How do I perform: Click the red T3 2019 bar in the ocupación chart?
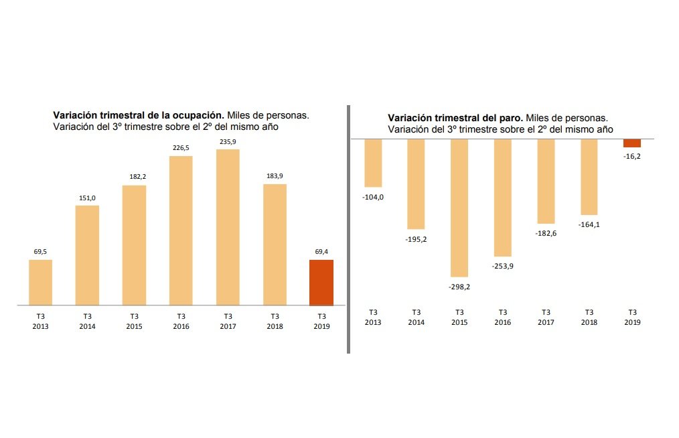(x=321, y=283)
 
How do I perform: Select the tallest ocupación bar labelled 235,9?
(x=228, y=228)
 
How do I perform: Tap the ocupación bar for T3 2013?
(x=40, y=283)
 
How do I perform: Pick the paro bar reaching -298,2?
(x=459, y=208)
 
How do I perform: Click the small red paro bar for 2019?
(x=632, y=143)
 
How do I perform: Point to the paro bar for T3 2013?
(x=373, y=163)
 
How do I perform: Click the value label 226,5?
(x=181, y=148)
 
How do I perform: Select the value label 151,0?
(x=87, y=198)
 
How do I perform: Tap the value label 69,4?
(x=321, y=251)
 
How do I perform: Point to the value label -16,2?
(x=632, y=157)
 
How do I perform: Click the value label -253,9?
(x=502, y=266)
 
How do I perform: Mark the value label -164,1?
(x=589, y=224)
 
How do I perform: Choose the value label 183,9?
(x=275, y=176)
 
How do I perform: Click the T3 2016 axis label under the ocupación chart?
(x=181, y=321)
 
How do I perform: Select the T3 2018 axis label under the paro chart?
(x=589, y=317)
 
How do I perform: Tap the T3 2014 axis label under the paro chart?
(x=416, y=317)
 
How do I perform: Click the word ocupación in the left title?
(x=198, y=116)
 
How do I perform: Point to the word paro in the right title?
(x=512, y=119)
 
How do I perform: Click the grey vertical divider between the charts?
(x=348, y=229)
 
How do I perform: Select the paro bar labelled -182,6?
(x=546, y=181)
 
